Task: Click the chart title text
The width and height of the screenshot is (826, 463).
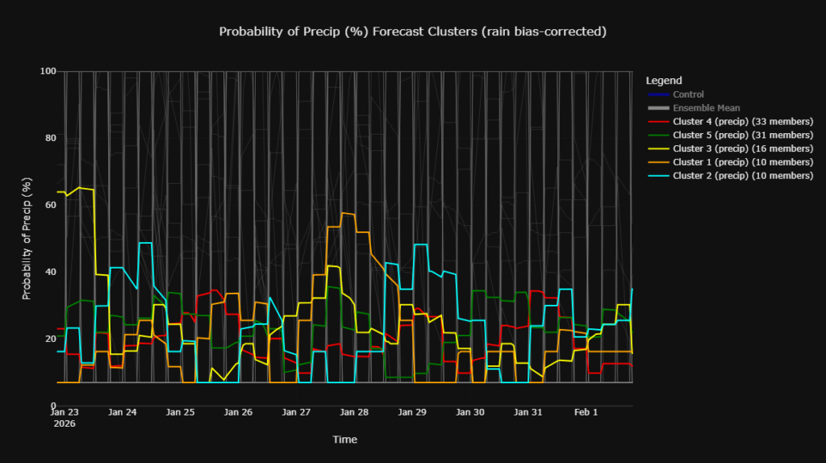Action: [x=412, y=31]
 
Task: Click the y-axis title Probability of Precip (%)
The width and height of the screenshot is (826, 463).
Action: [x=27, y=240]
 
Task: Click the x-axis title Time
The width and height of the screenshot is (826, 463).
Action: [x=344, y=440]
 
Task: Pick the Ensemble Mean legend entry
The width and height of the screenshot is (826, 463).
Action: [x=706, y=108]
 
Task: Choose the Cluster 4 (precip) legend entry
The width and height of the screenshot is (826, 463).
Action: [x=742, y=122]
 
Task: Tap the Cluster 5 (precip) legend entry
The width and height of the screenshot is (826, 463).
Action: [x=742, y=135]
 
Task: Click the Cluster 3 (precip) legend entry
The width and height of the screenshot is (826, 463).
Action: [x=742, y=148]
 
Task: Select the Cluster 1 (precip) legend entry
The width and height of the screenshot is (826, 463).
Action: [x=742, y=162]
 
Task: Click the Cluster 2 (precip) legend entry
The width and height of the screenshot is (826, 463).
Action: [x=742, y=175]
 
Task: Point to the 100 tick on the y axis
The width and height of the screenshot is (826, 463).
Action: [x=48, y=71]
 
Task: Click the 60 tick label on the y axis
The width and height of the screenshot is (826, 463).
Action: [x=50, y=205]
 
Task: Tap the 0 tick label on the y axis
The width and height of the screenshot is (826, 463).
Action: [x=52, y=406]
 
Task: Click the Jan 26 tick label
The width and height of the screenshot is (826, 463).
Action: [x=238, y=412]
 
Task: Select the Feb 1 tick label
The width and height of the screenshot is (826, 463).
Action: [x=586, y=412]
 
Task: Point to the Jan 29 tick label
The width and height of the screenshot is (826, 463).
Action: [x=412, y=412]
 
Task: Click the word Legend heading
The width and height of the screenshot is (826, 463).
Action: [x=664, y=81]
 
